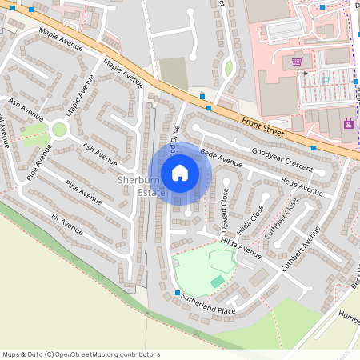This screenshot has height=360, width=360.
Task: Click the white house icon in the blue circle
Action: point(180,172)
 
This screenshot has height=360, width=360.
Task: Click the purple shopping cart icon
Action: point(297,61)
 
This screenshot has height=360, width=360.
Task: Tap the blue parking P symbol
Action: point(325,80)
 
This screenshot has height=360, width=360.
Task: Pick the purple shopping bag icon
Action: point(348,123)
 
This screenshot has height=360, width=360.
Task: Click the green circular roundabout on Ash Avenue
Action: point(58,130)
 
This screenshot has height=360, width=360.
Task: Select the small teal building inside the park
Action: point(218,281)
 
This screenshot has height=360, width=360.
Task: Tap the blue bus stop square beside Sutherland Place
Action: point(177,294)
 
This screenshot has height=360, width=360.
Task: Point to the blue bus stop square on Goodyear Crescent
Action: point(314,148)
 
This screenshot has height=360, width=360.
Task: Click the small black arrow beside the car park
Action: point(304,73)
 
